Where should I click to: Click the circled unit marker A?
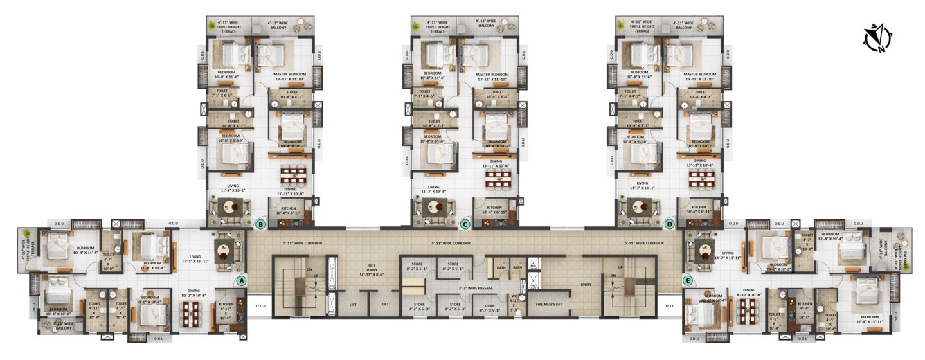[x=241, y=280]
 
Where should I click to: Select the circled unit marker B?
[x=260, y=224]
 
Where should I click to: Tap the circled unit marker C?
[x=465, y=224]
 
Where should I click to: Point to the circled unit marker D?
[x=669, y=224]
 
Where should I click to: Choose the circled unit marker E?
[x=687, y=280]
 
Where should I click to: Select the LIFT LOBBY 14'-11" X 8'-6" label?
[x=370, y=271]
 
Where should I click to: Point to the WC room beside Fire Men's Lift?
[x=514, y=302]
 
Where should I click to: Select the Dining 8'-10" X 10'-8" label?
[x=749, y=293]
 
